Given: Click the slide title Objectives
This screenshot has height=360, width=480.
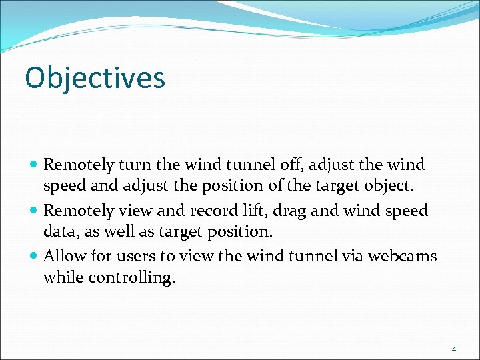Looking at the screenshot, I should tap(95, 78).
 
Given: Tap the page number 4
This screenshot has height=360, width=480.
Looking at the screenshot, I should tap(454, 349).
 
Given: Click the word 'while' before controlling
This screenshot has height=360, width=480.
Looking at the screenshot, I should tap(61, 277).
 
